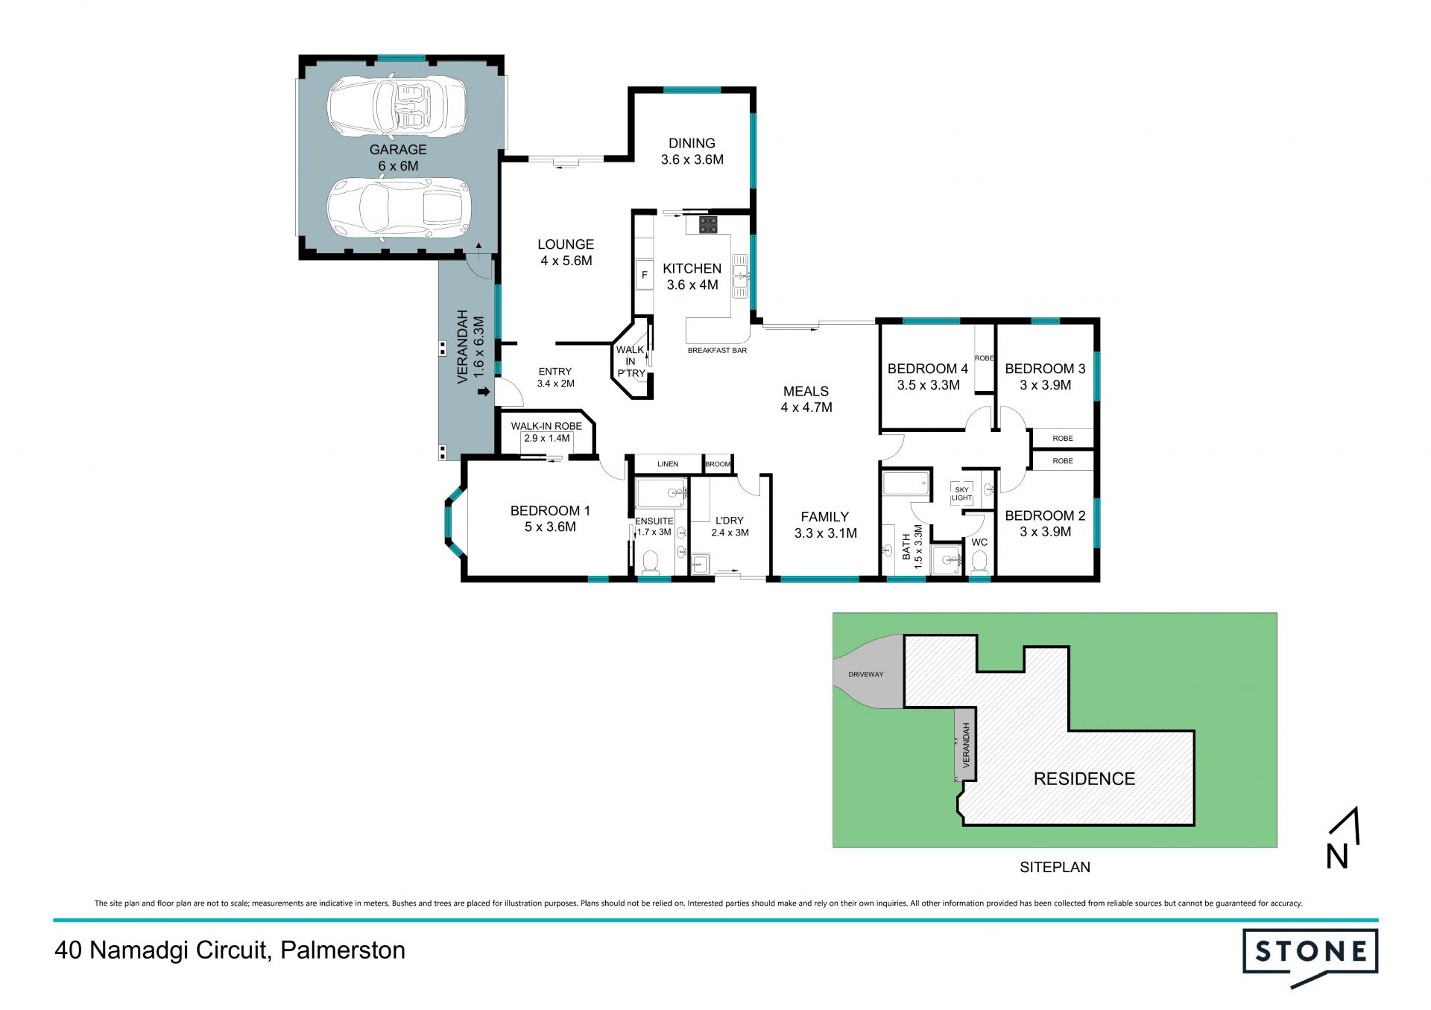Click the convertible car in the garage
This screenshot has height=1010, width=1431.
[x=397, y=107]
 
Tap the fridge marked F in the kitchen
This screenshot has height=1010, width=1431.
[x=645, y=275]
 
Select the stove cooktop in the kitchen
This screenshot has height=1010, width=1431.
[x=708, y=225]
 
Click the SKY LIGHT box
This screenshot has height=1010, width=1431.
[x=961, y=494]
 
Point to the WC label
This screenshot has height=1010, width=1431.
[x=979, y=542]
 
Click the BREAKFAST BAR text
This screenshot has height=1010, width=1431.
[x=717, y=350]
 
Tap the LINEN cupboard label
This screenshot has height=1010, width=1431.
[x=668, y=464]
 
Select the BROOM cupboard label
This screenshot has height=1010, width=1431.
[x=718, y=464]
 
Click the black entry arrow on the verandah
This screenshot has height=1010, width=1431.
[x=484, y=392]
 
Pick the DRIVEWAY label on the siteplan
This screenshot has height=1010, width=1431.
[x=865, y=675]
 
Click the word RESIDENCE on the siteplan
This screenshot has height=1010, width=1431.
[x=1084, y=779]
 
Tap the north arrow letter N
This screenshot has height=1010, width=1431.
[x=1337, y=857]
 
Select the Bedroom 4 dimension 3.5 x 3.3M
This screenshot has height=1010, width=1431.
[x=928, y=385]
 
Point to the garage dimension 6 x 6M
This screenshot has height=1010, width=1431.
[x=398, y=166]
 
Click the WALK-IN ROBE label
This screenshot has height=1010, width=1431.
[x=546, y=426]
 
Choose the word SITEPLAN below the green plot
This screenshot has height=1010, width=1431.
[x=1055, y=867]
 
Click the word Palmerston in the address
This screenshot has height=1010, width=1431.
[x=343, y=950]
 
